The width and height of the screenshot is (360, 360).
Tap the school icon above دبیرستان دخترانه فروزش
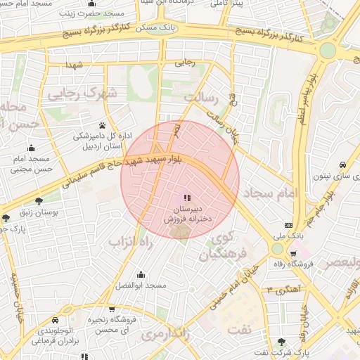pos(186,198)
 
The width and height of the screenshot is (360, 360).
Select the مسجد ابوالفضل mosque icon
pos(141,274)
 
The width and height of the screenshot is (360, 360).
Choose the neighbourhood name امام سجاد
pos(269,192)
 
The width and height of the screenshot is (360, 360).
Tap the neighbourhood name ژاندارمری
pos(167,335)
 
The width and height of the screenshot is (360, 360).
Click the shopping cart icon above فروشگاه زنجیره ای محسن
pos(112,309)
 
